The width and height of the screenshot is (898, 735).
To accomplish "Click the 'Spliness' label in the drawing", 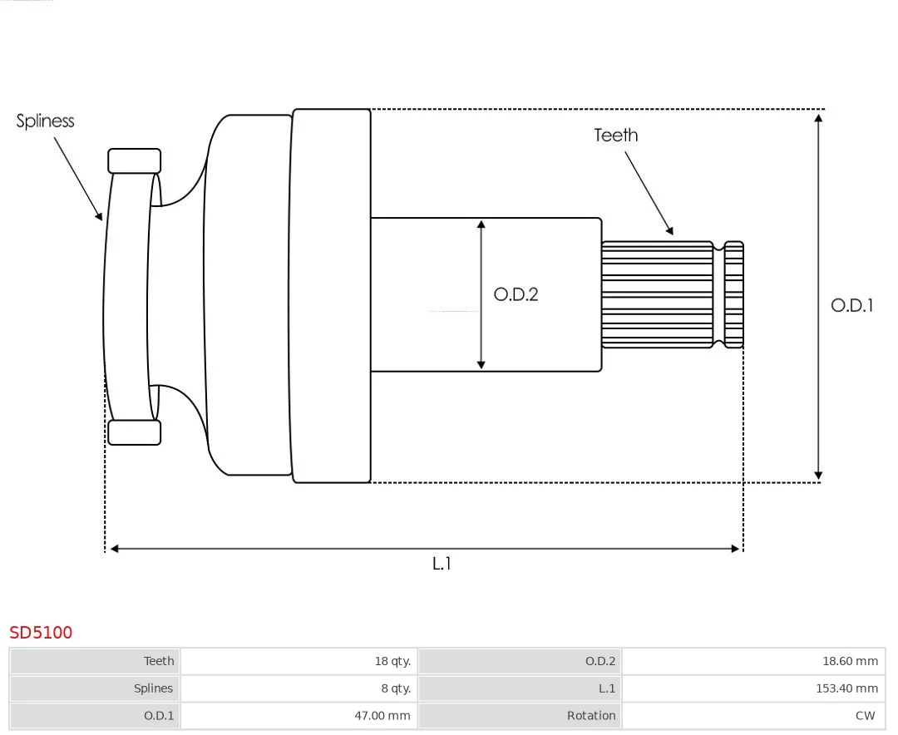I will point(45,121).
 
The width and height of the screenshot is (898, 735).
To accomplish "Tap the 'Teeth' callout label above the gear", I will point(615,136).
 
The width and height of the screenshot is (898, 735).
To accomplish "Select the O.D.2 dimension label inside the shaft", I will point(516,294).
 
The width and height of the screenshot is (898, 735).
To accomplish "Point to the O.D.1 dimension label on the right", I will point(851,305).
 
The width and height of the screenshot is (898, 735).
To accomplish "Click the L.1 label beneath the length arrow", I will point(442,564).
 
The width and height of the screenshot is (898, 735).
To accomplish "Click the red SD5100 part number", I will point(41,633).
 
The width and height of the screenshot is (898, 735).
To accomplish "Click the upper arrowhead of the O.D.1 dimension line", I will point(818,118).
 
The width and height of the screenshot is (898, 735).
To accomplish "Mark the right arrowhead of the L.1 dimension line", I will point(734,549).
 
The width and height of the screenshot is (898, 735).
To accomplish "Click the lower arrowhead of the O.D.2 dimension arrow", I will point(481,364).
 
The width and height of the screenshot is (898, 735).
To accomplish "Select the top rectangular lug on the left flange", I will point(134,161).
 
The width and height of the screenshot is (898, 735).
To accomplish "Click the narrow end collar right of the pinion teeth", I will point(733,294).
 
